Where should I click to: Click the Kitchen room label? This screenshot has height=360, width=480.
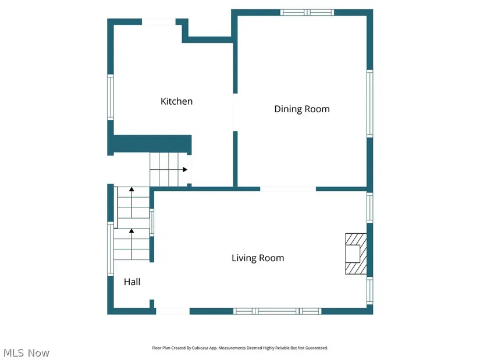tap(177, 101)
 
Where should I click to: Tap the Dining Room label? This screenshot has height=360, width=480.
tap(302, 109)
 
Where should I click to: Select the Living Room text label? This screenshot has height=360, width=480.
tap(258, 258)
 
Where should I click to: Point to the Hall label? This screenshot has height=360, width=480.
tap(132, 281)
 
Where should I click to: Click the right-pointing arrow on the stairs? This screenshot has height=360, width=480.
tap(184, 169)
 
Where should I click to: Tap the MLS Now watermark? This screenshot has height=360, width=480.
tap(26, 353)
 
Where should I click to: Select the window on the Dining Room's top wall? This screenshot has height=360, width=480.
tap(307, 12)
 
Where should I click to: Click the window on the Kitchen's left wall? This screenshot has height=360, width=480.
tap(111, 97)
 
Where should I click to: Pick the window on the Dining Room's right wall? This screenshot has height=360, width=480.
tap(370, 104)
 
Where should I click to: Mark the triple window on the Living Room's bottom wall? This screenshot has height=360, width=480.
tap(278, 311)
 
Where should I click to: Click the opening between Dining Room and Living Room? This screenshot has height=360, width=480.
tap(288, 189)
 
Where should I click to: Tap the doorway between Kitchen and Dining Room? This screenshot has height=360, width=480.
tap(235, 112)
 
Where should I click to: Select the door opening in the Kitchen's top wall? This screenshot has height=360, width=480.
tap(159, 22)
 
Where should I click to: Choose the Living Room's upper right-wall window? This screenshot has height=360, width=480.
tap(370, 208)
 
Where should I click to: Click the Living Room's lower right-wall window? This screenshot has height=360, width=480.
tap(370, 291)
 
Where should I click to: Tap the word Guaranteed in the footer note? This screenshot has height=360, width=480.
tap(317, 348)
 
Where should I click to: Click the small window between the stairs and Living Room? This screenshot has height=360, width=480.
tap(151, 223)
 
